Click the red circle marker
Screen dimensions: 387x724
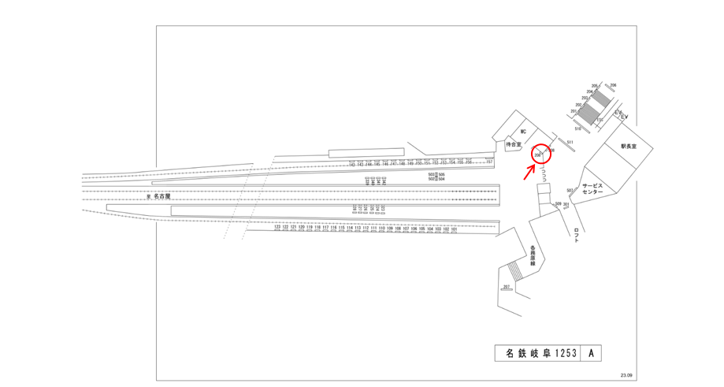(x=540, y=154)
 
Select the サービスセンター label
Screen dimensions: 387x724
(x=592, y=188)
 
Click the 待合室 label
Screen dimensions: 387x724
(x=513, y=145)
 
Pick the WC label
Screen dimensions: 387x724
(x=522, y=132)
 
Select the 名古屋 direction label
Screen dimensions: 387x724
(x=162, y=196)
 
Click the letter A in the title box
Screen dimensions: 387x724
(x=592, y=354)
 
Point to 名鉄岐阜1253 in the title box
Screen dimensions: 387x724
(x=538, y=354)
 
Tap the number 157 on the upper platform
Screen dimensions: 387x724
(x=489, y=162)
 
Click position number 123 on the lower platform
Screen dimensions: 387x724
(x=277, y=227)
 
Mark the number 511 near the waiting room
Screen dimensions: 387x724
(x=569, y=141)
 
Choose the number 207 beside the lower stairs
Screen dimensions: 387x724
(x=507, y=286)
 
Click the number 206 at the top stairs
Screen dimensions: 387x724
(x=613, y=85)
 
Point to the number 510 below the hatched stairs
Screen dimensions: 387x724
(x=577, y=128)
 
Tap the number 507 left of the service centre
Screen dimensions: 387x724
(x=570, y=190)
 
